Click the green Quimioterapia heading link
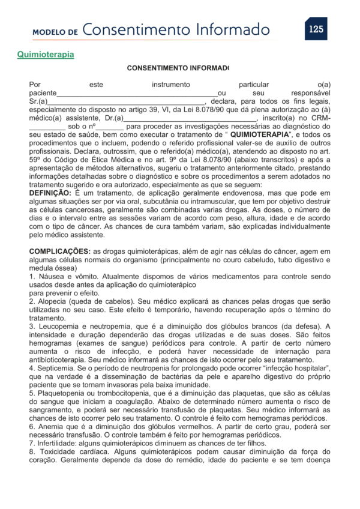(46, 55)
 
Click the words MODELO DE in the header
(56, 31)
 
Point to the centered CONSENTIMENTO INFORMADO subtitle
(178, 68)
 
